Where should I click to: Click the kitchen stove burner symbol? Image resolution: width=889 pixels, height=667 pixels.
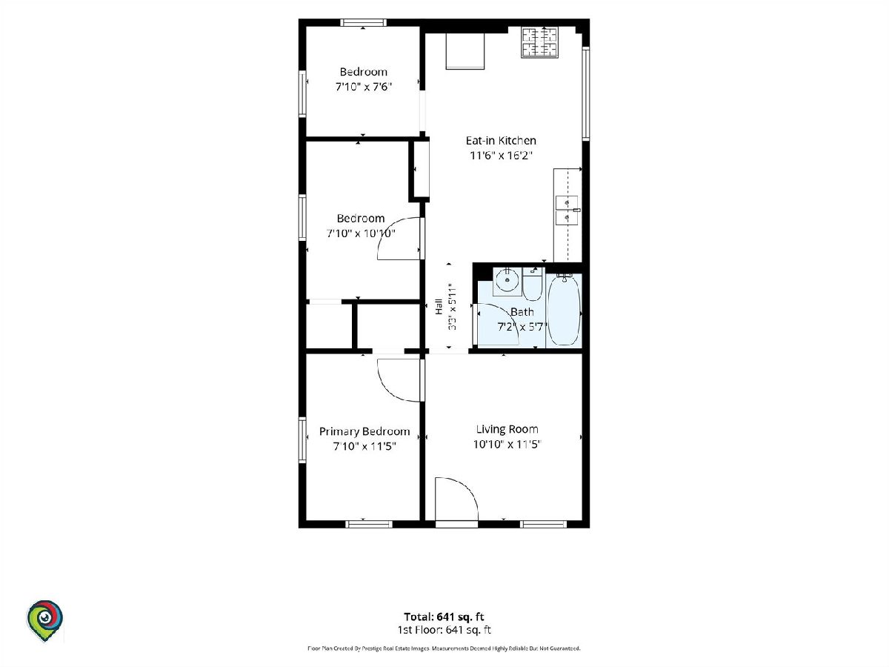pos(539,42)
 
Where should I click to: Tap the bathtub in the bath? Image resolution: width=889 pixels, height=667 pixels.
pos(564,309)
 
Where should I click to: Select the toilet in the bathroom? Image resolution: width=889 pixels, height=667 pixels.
pos(532,284)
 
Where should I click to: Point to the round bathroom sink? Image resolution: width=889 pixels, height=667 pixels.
pos(507,280)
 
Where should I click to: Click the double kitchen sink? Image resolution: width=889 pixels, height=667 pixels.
pos(567,210)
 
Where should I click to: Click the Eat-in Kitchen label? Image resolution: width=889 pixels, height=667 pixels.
pos(501,141)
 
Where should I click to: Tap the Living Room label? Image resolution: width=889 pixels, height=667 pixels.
pos(507,429)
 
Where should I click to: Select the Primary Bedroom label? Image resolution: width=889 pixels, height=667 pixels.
pos(364,432)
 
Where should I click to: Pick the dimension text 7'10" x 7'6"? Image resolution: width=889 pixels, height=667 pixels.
pos(363,87)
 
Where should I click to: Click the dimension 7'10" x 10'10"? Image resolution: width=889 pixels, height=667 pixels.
pos(361,233)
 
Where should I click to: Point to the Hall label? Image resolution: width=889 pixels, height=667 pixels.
pos(439,307)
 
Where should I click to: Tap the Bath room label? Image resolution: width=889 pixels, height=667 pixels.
pos(522,312)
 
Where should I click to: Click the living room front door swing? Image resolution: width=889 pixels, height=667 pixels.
pos(456,499)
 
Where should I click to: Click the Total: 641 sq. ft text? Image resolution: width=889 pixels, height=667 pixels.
pos(444,617)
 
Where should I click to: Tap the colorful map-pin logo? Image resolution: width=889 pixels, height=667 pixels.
pos(45,620)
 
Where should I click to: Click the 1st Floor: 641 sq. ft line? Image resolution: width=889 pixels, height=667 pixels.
pos(444,630)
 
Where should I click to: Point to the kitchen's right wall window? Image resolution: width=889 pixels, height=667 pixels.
pos(585,94)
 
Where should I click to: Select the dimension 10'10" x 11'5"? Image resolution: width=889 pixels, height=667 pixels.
pos(507,444)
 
